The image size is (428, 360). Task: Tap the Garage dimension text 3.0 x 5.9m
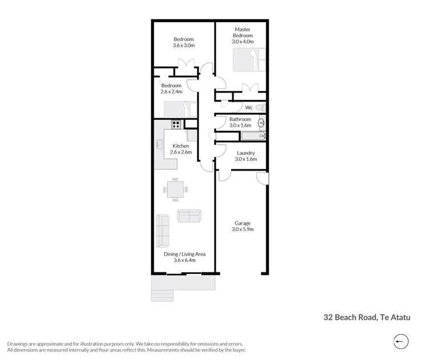point(243,229)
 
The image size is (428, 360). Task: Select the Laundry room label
point(245,153)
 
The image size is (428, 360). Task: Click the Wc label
point(249,107)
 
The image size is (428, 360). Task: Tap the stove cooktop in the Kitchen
point(176,125)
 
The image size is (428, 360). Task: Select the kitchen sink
point(160,145)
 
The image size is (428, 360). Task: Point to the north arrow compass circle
point(401,342)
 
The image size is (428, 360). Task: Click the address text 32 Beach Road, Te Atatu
point(367,317)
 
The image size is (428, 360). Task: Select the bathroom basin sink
point(262,122)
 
